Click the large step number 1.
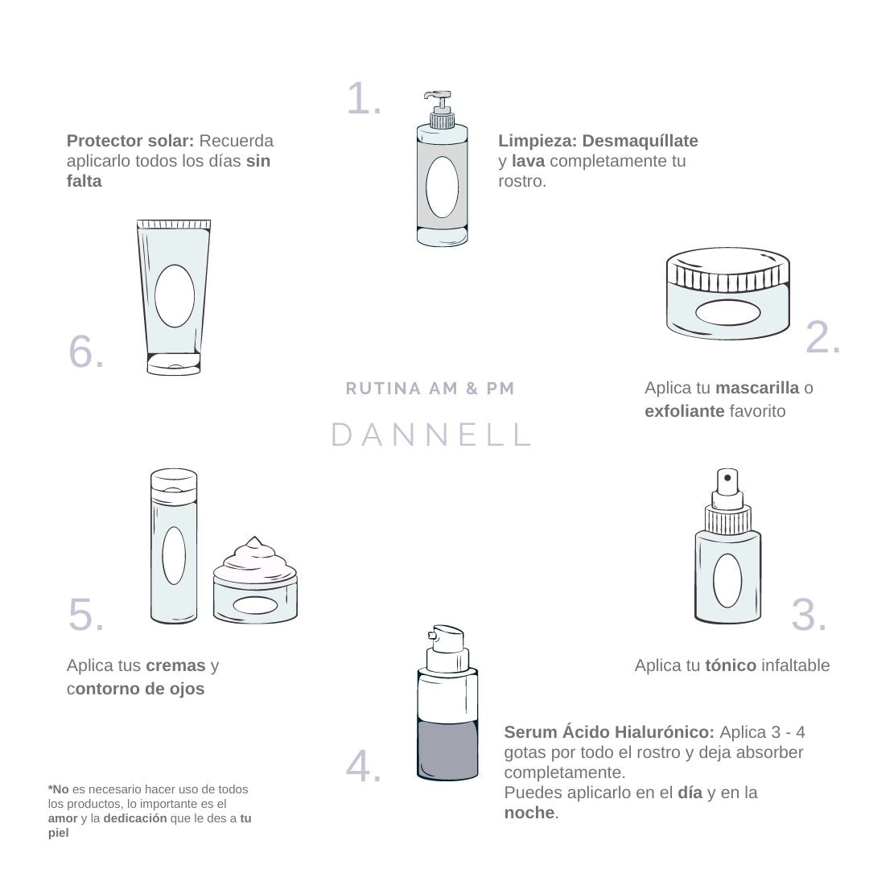click(364, 99)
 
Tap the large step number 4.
click(364, 767)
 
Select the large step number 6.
click(86, 352)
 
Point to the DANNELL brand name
click(431, 434)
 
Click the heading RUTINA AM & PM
click(430, 389)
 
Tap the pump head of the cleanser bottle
click(438, 102)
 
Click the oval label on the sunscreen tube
click(175, 295)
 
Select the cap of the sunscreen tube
click(174, 364)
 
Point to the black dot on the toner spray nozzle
click(727, 478)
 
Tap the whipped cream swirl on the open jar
click(255, 558)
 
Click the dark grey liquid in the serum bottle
click(447, 749)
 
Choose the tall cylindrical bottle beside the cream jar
click(174, 546)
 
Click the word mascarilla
click(757, 388)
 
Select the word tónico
click(731, 665)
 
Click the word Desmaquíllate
click(640, 141)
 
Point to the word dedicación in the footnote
click(134, 818)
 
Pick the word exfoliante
click(685, 411)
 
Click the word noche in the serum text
click(529, 813)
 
